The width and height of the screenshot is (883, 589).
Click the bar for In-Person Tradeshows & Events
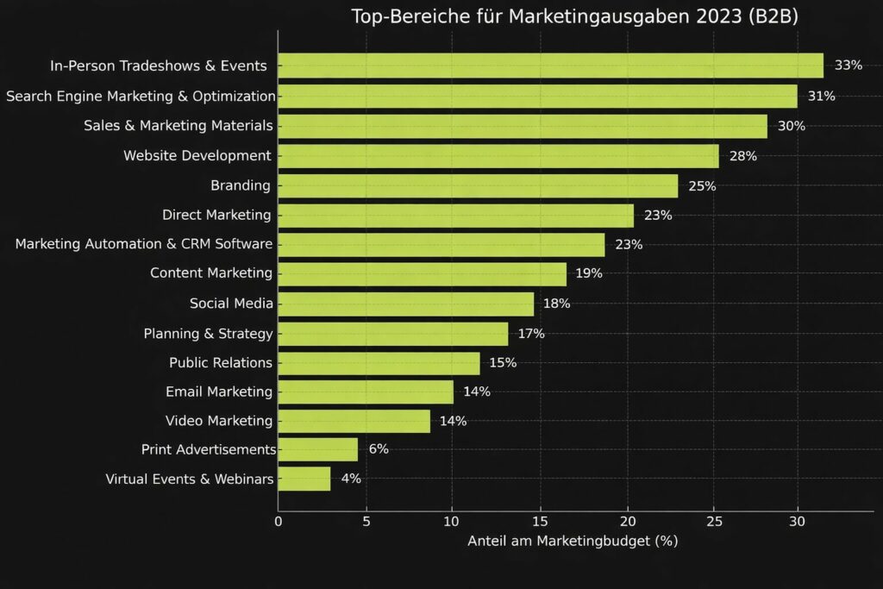(550, 66)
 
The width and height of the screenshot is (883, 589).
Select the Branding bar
(478, 186)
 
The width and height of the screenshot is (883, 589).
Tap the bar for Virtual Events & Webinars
(304, 479)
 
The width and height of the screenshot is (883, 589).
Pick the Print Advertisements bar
(317, 449)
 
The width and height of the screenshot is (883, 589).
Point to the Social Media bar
(405, 304)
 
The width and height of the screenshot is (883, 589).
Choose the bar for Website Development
(498, 156)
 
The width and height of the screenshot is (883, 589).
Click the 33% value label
(848, 66)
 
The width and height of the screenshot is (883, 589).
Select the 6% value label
(379, 449)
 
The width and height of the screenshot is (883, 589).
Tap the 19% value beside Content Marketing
(589, 273)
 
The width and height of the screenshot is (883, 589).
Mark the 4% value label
(351, 479)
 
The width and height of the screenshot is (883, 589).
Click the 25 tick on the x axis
(712, 521)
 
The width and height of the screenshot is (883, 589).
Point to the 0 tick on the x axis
(278, 521)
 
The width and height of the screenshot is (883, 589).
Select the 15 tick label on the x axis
(539, 521)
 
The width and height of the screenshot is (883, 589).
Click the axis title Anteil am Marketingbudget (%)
(573, 542)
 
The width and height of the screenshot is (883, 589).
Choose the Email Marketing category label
(219, 392)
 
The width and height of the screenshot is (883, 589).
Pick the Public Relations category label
(221, 362)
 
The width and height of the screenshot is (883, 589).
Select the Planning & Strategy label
(208, 333)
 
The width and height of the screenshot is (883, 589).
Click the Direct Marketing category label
(216, 215)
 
